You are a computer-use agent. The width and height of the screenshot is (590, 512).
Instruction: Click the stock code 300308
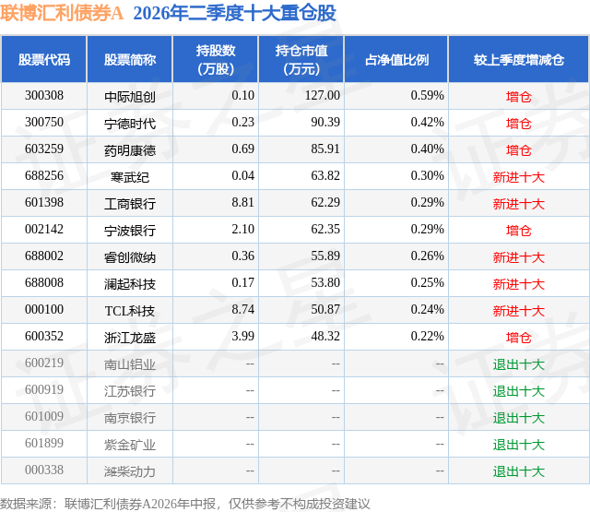pos(44,96)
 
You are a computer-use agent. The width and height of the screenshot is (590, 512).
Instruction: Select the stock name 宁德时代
pos(130,124)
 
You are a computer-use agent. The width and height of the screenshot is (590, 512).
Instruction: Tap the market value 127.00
pos(323,96)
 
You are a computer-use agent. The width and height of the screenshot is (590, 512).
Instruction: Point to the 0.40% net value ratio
pos(427,149)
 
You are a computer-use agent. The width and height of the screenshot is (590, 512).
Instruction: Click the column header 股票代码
pos(44,59)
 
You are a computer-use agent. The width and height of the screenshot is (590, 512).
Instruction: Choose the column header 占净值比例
pos(396,59)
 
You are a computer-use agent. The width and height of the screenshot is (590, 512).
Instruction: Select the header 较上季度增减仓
pos(519,59)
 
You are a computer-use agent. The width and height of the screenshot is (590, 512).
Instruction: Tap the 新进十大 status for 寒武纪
pos(519,177)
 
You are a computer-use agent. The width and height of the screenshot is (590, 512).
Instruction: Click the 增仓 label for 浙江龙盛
pos(519,338)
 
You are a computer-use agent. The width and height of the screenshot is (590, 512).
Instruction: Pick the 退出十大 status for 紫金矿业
pos(519,445)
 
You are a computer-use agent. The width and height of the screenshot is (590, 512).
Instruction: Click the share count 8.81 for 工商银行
pos(242,203)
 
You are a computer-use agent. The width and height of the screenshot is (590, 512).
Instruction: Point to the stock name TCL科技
pos(130,311)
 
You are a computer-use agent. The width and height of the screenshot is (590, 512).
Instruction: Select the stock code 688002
pos(44,256)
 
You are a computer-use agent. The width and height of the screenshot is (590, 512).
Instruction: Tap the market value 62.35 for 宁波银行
pos(325,230)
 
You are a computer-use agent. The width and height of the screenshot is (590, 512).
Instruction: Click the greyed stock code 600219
pos(44,363)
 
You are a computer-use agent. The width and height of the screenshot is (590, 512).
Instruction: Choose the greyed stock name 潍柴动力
pos(130,471)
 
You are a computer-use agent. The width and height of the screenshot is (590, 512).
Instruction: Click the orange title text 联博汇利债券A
pos(62,13)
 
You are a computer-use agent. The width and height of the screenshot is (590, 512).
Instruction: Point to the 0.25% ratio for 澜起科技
pos(427,282)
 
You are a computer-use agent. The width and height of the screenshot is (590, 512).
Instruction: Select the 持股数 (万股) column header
pos(216,59)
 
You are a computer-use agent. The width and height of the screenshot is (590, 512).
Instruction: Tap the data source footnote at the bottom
pos(184,504)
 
